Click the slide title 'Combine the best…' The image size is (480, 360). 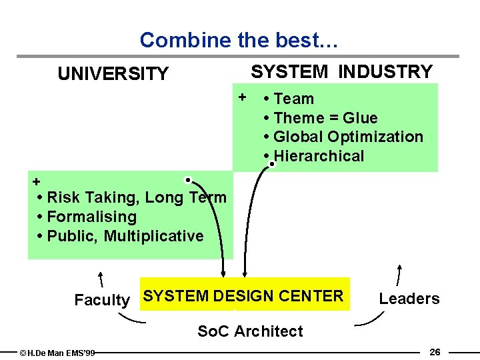239,41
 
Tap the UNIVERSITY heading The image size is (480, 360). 113,74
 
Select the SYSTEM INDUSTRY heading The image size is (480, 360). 341,71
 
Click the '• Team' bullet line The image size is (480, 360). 289,99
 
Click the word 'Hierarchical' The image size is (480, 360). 319,157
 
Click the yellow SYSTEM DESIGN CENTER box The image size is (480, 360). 245,294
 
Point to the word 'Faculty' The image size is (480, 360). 101,300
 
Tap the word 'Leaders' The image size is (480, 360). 409,299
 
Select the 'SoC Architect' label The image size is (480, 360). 250,331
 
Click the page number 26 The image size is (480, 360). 435,351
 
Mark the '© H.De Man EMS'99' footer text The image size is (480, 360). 57,353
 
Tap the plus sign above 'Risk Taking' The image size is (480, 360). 37,181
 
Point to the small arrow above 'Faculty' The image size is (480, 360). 102,279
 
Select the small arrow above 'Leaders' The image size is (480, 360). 399,274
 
